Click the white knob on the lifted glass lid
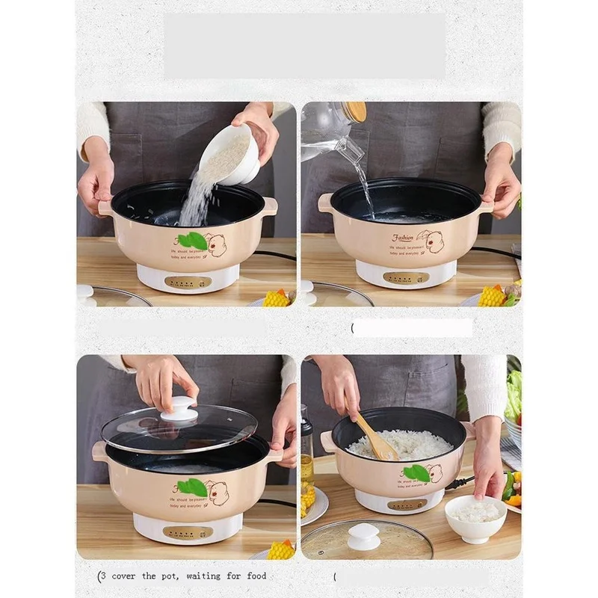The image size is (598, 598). coord(179,409)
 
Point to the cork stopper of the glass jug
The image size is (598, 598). coord(354,111)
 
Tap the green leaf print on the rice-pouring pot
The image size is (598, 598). coord(193,240)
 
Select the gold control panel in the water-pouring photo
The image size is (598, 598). coord(406,277)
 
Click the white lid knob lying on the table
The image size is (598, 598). coord(364,536)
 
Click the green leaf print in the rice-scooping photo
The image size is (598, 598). coord(416,472)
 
